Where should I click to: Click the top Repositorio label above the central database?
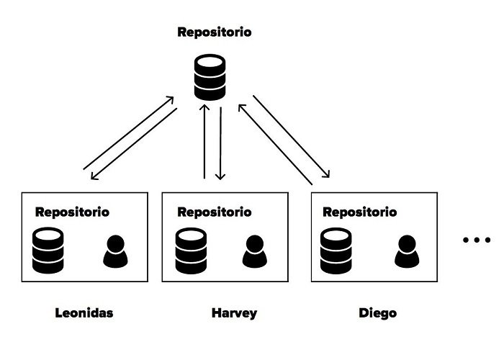tap(215, 33)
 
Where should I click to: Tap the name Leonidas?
tap(84, 313)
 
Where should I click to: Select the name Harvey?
tap(234, 313)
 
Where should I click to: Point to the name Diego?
tap(377, 313)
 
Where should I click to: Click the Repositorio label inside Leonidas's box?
tap(72, 212)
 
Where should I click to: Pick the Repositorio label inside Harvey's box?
tap(215, 212)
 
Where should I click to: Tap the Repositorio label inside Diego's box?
tap(359, 212)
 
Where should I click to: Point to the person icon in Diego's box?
tap(406, 251)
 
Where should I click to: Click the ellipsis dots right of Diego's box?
tap(476, 240)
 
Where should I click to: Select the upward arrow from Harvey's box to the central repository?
tap(205, 141)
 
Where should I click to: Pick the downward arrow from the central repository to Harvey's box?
tap(221, 141)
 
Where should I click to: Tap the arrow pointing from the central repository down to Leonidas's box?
tap(135, 144)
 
